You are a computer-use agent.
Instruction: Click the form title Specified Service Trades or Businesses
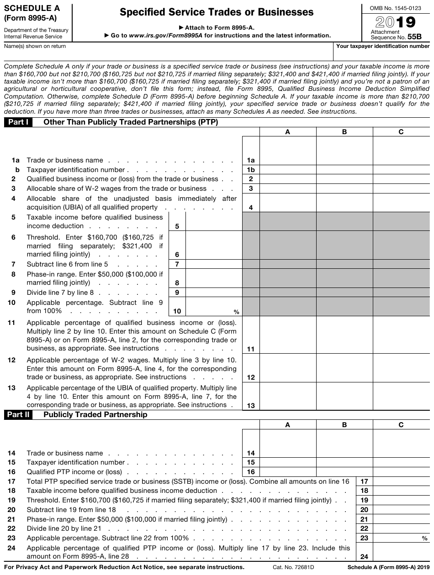217,12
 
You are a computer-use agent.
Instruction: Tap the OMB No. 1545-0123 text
395,8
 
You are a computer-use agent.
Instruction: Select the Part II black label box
18,415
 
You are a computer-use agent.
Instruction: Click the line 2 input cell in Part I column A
287,179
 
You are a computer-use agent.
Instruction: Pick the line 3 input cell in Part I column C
401,188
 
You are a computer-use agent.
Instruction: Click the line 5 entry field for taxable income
213,221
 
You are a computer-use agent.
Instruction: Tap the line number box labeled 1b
250,170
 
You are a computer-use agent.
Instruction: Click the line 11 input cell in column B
344,335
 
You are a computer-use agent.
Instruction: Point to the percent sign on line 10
237,313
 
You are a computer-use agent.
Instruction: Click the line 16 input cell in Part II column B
344,472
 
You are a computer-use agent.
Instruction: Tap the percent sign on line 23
425,539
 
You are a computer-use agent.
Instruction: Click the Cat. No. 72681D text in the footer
292,567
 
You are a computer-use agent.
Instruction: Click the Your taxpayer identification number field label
383,46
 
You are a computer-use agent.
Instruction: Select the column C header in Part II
401,425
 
